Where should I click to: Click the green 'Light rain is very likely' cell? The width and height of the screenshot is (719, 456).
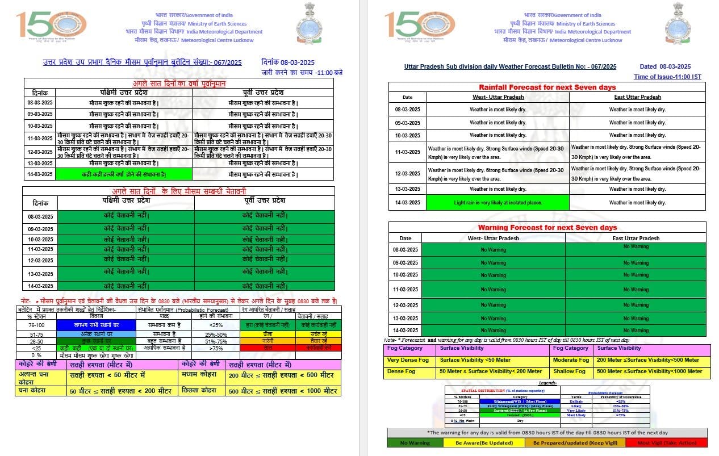(497, 203)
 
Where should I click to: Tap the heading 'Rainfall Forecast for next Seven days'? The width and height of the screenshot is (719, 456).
(547, 87)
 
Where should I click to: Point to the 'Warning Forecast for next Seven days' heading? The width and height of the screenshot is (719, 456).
(547, 227)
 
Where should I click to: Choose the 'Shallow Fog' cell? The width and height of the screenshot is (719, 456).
(569, 371)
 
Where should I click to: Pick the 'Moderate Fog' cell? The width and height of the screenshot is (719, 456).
(571, 359)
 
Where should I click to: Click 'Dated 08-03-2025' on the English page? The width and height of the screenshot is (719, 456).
(664, 66)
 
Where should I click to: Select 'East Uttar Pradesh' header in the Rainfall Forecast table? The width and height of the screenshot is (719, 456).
(637, 97)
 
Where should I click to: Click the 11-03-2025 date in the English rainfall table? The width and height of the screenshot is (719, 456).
(407, 152)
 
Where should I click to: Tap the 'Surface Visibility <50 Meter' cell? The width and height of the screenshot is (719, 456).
(475, 359)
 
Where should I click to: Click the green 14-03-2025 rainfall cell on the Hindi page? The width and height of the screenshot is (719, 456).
(124, 174)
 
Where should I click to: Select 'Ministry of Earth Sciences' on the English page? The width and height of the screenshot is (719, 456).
(586, 24)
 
